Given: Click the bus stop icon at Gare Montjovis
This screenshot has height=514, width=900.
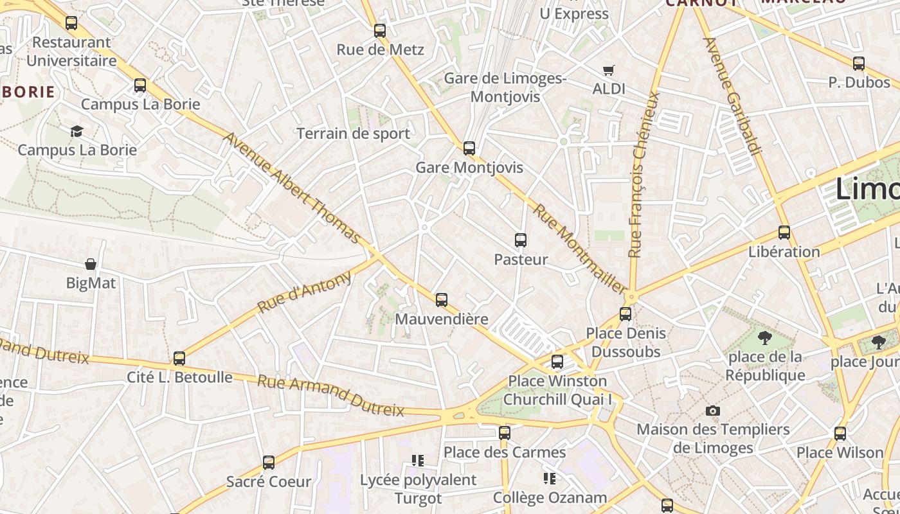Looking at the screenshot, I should tap(469, 148).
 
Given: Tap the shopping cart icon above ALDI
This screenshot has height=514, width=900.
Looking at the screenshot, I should tap(608, 70).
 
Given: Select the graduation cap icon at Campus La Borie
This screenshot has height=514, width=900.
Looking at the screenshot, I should tap(77, 131).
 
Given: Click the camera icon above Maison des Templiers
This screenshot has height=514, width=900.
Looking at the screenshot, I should tap(712, 411).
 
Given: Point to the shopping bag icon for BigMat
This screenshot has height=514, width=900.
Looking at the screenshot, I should tap(91, 264).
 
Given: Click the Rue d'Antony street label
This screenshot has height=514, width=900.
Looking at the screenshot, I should tap(305, 292).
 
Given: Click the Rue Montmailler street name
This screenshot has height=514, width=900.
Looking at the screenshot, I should tap(579, 249).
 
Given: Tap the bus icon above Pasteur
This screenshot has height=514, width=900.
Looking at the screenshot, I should tap(521, 240).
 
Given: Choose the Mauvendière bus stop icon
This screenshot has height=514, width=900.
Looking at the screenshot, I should tap(442, 299).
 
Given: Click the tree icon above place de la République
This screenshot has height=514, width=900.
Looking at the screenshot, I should tap(765, 337).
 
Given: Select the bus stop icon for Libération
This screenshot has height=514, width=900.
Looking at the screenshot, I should tap(784, 232).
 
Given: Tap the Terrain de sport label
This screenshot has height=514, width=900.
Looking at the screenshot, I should tap(353, 134).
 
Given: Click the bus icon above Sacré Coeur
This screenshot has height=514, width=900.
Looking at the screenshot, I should tap(269, 462).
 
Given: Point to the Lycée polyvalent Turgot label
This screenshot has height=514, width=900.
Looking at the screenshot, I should tap(418, 489).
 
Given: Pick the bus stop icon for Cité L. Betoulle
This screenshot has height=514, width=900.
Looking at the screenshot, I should tap(179, 358).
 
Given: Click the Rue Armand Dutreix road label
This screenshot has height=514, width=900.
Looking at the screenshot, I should tap(331, 396).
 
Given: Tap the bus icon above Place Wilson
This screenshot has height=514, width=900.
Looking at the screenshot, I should tap(840, 433).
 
